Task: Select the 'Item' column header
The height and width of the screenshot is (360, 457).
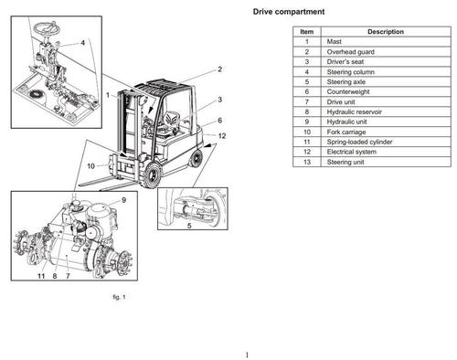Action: [307, 32]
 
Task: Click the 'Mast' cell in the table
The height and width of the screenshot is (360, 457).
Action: [335, 42]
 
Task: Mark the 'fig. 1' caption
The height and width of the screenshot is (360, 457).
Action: [117, 297]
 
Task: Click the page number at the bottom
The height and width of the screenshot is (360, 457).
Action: [247, 354]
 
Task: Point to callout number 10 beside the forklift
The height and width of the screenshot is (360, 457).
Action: [91, 166]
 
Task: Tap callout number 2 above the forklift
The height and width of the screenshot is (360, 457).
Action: [219, 69]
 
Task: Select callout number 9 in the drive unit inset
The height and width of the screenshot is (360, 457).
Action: [123, 199]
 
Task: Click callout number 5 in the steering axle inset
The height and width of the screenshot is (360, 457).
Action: [188, 224]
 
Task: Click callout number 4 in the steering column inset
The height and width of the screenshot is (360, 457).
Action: [81, 42]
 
